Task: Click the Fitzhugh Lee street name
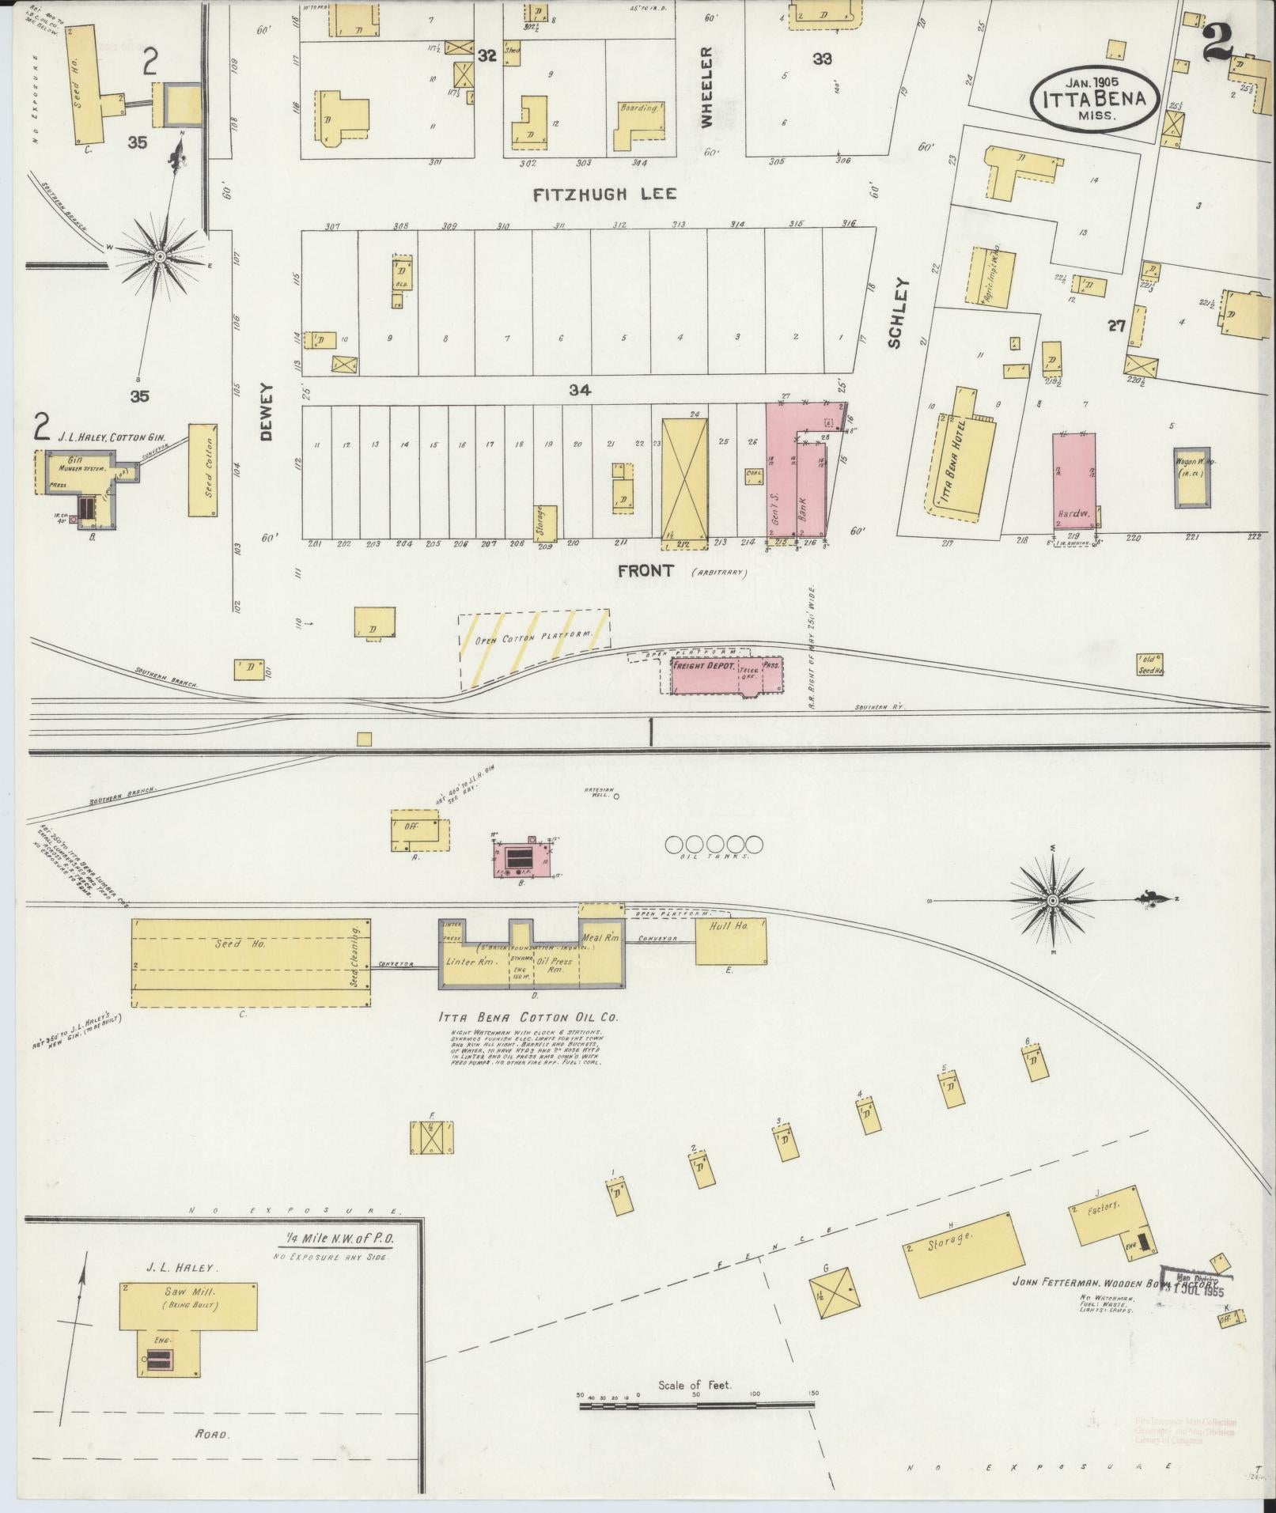coord(605,195)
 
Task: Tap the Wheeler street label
coord(706,88)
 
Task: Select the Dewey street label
coord(266,412)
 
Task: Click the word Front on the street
coord(646,570)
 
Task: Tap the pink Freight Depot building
coord(726,675)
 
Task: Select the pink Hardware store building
coord(1074,480)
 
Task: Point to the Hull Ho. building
coord(730,940)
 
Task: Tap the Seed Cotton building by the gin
coord(203,470)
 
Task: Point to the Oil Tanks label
coord(714,857)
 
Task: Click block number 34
coord(579,390)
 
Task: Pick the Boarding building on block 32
coord(639,123)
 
